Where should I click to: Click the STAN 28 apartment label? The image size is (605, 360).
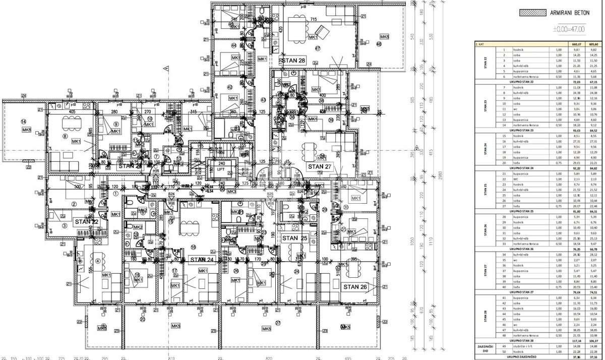pyautogui.click(x=294, y=61)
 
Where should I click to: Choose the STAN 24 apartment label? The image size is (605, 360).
pyautogui.click(x=202, y=260)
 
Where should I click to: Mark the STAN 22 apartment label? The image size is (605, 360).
pyautogui.click(x=86, y=221)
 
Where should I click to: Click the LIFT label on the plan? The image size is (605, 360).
pyautogui.click(x=220, y=170)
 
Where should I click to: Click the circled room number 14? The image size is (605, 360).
pyautogui.click(x=23, y=122)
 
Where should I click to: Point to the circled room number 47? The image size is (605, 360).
pyautogui.click(x=318, y=48)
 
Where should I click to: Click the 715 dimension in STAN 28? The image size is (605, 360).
pyautogui.click(x=313, y=19)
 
